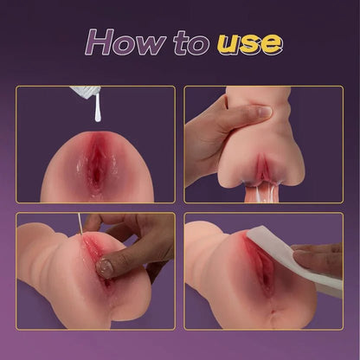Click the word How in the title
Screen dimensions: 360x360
[130, 42]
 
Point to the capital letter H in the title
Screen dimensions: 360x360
[101, 41]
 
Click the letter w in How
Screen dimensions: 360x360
[156, 43]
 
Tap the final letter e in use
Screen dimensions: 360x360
[269, 44]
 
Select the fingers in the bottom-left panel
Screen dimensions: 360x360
[130, 247]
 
